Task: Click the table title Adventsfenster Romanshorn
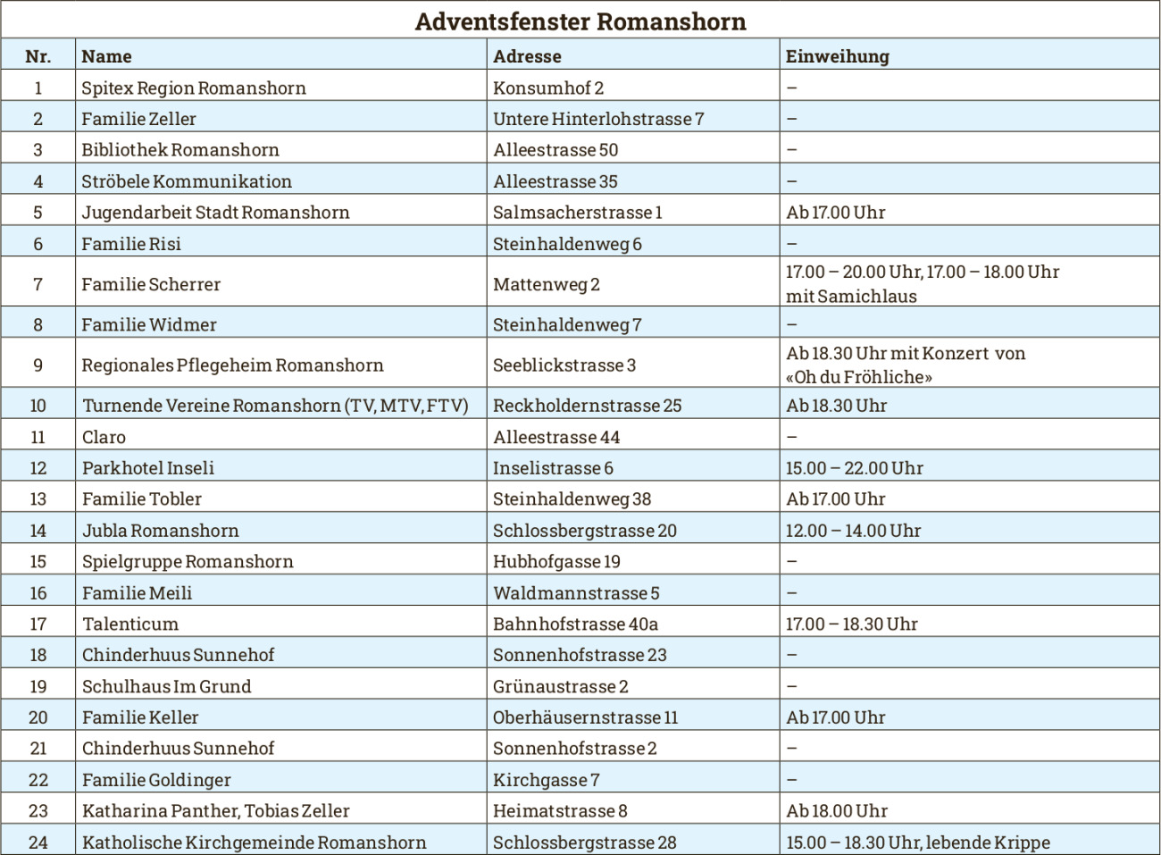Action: [580, 21]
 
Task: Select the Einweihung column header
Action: [837, 56]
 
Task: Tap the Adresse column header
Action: [527, 56]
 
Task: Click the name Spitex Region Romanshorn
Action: [193, 88]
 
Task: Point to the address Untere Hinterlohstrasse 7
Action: [598, 119]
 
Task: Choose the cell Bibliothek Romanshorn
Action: [180, 150]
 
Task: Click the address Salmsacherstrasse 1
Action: [577, 213]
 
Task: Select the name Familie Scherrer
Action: [151, 284]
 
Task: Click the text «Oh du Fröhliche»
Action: [859, 377]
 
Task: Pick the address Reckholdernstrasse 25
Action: [587, 406]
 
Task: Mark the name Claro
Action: [104, 437]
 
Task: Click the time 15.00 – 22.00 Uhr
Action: [854, 468]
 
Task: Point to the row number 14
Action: [38, 531]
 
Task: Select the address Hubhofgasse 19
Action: [556, 562]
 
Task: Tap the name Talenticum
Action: [130, 624]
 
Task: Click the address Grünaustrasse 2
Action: [560, 686]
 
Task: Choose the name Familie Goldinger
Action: [156, 780]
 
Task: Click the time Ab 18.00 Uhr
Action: [837, 811]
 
